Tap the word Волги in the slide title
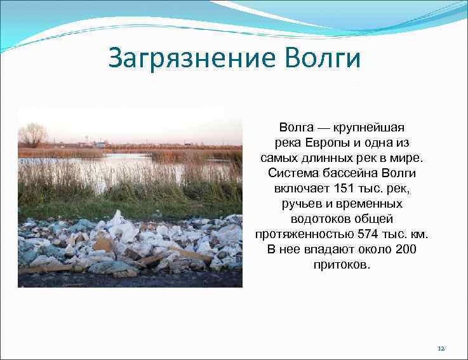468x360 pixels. click(324, 58)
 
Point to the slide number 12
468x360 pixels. click(442, 349)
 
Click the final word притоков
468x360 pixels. click(341, 265)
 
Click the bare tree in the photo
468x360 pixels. click(32, 135)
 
